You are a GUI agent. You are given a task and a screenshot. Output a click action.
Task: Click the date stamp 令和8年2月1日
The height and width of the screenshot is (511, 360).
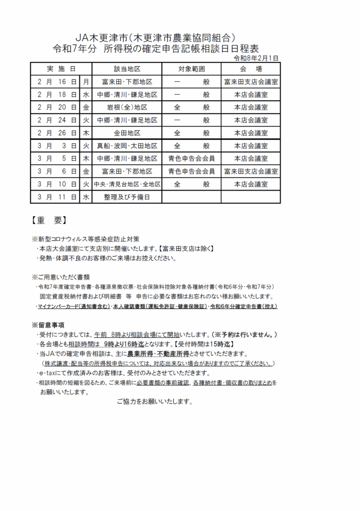[256, 58]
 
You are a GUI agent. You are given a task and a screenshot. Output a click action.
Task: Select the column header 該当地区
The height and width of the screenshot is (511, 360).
[127, 69]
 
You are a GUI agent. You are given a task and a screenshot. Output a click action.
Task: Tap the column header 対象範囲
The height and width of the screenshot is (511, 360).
[191, 69]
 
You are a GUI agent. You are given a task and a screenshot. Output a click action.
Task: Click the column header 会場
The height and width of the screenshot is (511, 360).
[251, 69]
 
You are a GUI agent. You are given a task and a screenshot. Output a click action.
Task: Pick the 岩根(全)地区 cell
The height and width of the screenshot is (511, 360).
[127, 107]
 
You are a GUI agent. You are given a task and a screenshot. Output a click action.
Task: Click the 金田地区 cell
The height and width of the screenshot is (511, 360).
[127, 133]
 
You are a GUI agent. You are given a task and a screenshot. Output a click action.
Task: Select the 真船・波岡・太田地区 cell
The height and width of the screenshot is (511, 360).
[127, 146]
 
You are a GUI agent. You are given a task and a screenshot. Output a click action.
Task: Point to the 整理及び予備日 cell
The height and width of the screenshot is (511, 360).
[127, 198]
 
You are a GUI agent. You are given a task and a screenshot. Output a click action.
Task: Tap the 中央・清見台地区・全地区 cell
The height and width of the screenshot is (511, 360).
[127, 185]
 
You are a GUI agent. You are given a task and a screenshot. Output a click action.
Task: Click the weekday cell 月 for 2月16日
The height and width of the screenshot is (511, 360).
[86, 81]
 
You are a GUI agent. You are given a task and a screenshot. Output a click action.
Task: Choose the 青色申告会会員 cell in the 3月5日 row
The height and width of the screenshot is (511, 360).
[191, 159]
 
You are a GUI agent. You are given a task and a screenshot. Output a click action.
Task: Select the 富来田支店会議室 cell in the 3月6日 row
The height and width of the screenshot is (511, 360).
[251, 172]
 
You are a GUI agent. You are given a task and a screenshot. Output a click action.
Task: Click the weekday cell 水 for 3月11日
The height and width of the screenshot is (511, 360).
[86, 198]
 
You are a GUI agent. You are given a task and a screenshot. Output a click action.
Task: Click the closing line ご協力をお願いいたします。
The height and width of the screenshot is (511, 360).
[154, 402]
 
